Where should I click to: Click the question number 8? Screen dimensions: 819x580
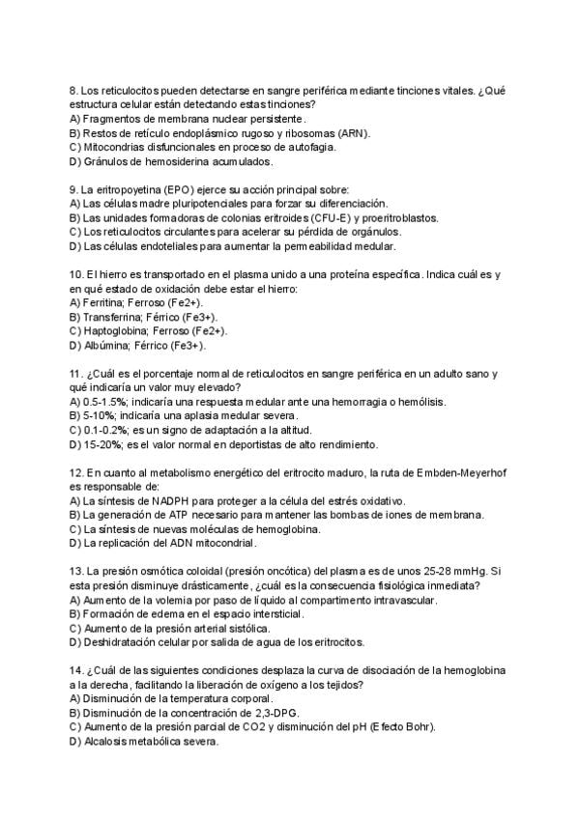pos(73,90)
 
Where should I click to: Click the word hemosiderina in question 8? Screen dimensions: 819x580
pos(158,161)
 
